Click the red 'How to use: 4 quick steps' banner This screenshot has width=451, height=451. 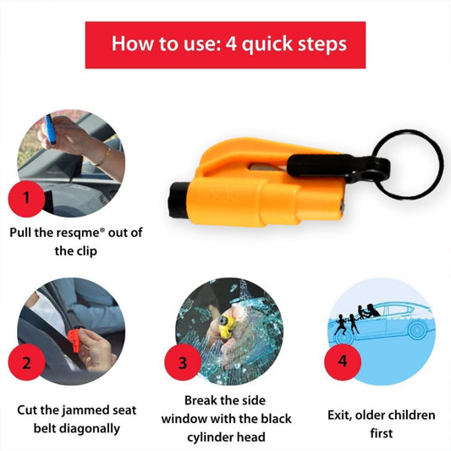click(225, 43)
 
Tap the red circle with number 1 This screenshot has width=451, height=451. click(25, 200)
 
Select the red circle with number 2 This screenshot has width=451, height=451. click(26, 364)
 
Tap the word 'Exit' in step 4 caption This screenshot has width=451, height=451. click(341, 415)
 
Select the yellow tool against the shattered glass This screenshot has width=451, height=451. click(225, 326)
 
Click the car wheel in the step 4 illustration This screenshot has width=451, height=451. click(420, 330)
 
